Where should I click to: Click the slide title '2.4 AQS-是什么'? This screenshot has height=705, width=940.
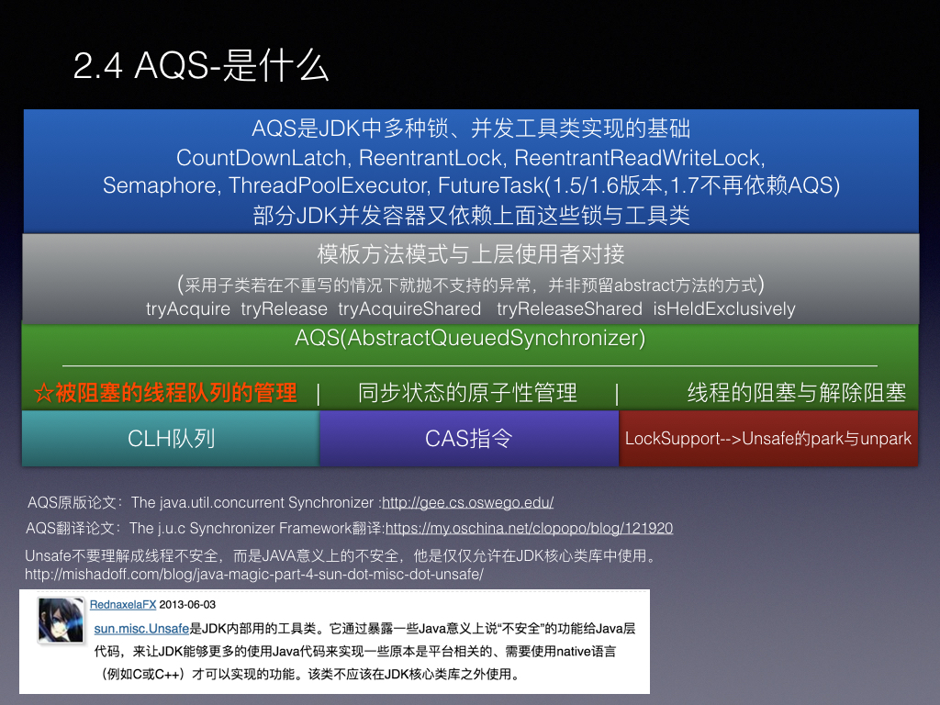201,65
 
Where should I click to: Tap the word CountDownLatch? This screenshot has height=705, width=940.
262,158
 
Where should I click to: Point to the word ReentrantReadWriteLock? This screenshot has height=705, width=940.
639,158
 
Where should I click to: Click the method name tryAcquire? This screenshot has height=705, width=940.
187,308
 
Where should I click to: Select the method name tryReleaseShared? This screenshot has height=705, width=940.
569,308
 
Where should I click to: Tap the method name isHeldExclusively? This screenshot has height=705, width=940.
723,308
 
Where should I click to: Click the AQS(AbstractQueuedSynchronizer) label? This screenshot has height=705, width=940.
470,338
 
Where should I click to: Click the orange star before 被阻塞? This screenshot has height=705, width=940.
44,393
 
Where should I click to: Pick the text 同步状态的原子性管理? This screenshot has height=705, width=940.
467,393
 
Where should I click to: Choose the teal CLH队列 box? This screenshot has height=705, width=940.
171,438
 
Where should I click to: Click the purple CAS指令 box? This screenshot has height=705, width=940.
469,438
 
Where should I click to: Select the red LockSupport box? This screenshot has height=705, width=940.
768,438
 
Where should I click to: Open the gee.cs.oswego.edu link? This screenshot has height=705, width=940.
467,502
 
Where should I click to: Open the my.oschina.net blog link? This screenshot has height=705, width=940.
529,528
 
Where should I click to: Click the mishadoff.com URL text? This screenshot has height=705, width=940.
254,575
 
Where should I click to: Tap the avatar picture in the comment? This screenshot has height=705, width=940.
61,621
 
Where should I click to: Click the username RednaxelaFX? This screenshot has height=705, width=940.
123,605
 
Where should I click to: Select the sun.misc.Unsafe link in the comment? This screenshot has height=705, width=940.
141,629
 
